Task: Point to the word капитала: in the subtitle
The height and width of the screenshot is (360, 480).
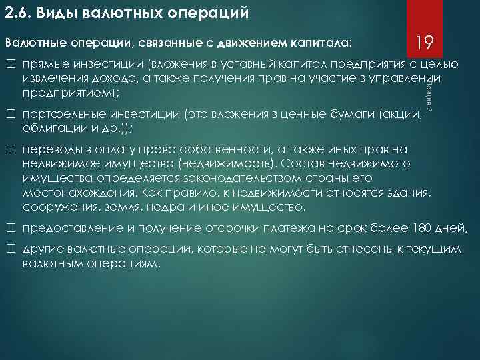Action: click(x=322, y=44)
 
